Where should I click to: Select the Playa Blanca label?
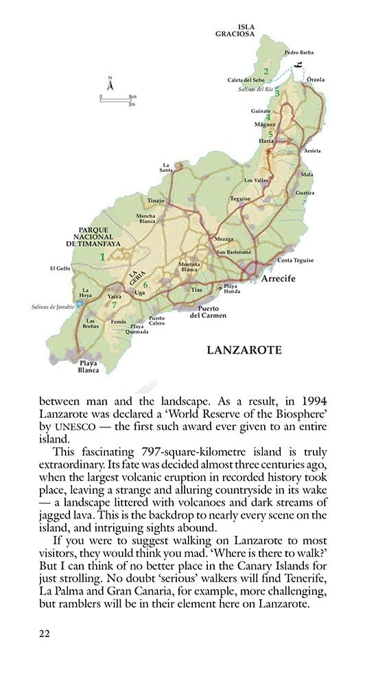(89, 366)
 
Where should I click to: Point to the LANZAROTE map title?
(244, 349)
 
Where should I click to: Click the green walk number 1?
(102, 257)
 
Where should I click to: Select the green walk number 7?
(115, 305)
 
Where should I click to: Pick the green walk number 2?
(266, 71)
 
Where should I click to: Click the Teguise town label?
(240, 199)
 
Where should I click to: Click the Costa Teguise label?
(295, 260)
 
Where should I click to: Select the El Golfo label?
(60, 269)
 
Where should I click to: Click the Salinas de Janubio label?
(52, 306)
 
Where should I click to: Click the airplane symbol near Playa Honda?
(220, 289)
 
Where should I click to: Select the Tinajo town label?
(156, 201)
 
